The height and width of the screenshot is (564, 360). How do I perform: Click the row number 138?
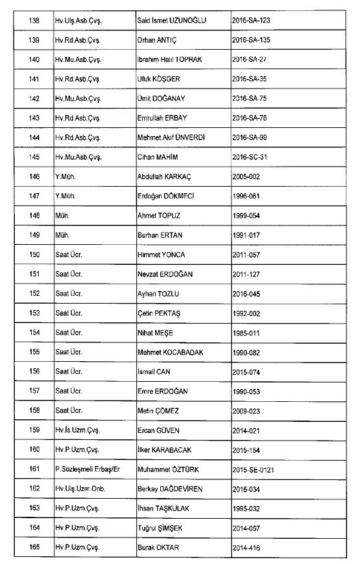pyautogui.click(x=34, y=20)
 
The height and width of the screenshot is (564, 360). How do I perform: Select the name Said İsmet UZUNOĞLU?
pyautogui.click(x=171, y=20)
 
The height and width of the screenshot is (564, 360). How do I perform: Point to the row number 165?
pyautogui.click(x=34, y=548)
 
